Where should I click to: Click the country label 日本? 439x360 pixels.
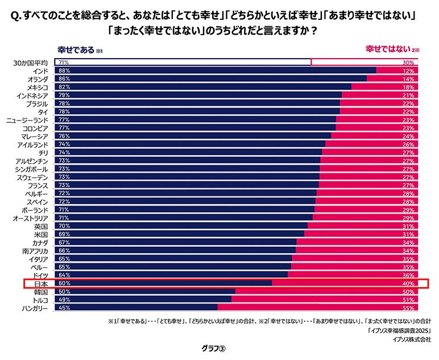[40, 283]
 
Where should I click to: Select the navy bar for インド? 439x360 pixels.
[216, 71]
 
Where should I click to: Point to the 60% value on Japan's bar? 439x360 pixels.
[64, 283]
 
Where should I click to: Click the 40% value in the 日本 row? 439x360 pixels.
[408, 283]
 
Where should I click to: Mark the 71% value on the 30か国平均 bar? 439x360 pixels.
[64, 62]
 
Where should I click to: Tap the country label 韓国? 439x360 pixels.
[40, 291]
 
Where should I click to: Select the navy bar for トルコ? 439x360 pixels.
[142, 299]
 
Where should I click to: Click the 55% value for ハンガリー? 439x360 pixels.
[408, 308]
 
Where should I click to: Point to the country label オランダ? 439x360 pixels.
[36, 79]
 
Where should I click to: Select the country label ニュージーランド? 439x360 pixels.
[27, 120]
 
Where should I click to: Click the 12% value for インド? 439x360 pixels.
[408, 71]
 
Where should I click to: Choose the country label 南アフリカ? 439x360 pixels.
[35, 250]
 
